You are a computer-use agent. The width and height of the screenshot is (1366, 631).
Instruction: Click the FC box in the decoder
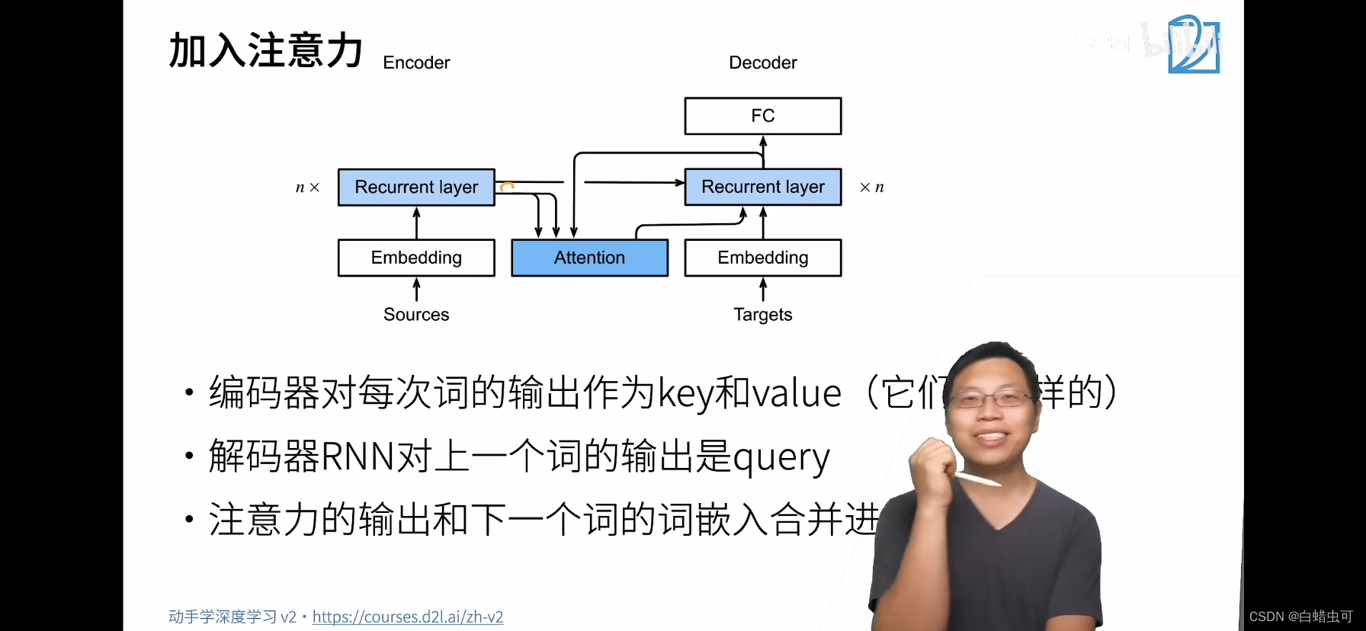pos(762,116)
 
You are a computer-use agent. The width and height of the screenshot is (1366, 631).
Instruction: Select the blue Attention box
pos(589,258)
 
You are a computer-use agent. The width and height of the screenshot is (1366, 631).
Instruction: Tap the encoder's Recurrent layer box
pos(416,187)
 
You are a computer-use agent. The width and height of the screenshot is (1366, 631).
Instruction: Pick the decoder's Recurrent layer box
pos(762,187)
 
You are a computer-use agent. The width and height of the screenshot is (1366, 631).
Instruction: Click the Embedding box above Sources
pos(416,258)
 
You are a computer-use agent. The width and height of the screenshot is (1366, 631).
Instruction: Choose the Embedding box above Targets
pos(762,258)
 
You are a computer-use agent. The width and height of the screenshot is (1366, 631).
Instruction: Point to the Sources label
pos(416,314)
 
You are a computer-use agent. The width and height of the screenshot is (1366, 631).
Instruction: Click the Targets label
pos(762,314)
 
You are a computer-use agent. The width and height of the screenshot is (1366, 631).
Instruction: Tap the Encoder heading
pos(416,62)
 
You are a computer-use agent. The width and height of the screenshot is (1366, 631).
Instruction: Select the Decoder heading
pos(762,62)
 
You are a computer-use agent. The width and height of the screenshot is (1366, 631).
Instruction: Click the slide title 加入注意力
pos(265,50)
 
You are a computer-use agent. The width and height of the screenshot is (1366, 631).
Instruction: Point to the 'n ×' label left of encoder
pos(307,187)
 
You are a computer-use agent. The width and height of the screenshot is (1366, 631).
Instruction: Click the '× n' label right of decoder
pos(871,187)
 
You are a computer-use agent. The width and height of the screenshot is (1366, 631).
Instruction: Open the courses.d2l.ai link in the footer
pos(408,617)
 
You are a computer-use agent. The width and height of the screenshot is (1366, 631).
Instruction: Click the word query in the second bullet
pos(781,458)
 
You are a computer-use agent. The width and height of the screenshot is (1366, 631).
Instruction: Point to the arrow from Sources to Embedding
pos(416,290)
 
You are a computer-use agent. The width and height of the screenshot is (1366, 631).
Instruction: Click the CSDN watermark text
pos(1300,617)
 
